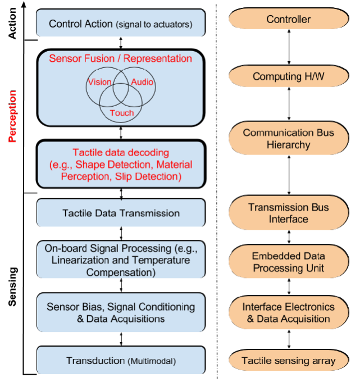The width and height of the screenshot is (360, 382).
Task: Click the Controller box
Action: (289, 19)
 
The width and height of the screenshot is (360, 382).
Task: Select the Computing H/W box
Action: (289, 76)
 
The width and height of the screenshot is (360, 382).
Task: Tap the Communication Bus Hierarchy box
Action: (289, 138)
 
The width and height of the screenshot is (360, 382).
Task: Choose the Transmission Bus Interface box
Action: (289, 213)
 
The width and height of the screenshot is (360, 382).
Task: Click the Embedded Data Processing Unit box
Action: (289, 261)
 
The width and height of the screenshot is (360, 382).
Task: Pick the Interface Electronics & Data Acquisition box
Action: (289, 312)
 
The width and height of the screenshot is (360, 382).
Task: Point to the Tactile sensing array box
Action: (289, 360)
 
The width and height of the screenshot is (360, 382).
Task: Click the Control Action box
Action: (121, 23)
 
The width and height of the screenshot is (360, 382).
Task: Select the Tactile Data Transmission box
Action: (121, 213)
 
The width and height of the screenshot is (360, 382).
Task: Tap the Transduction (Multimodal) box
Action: (121, 360)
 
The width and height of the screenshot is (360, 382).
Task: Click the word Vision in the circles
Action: (99, 82)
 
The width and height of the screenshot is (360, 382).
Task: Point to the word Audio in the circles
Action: (142, 82)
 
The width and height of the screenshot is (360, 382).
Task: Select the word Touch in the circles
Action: (122, 113)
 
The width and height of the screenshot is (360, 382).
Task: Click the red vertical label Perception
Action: (12, 116)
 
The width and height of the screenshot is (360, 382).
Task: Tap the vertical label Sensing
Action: (12, 286)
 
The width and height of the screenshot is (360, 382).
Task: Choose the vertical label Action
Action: (12, 23)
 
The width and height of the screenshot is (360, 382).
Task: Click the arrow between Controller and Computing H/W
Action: (289, 47)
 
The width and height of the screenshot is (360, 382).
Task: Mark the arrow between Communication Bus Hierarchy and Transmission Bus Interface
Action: (289, 175)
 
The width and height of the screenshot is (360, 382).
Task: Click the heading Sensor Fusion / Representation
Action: (121, 59)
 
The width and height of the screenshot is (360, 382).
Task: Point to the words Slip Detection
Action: (148, 176)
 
